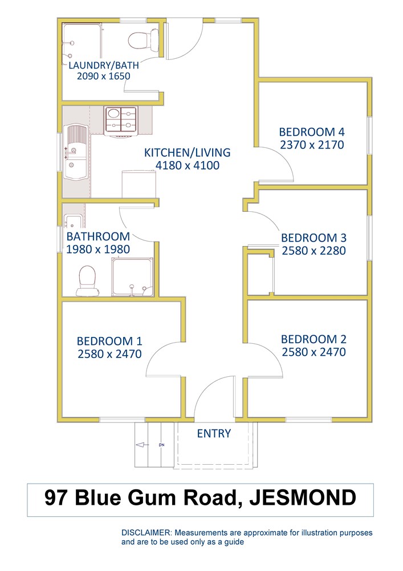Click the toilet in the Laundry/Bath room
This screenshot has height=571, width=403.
[x=143, y=40]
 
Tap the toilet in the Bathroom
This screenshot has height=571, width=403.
[x=87, y=280]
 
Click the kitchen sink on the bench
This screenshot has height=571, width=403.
[x=76, y=152]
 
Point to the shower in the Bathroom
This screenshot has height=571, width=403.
[x=132, y=277]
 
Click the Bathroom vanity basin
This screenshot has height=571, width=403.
[x=73, y=221]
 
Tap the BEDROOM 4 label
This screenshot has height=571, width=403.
[x=312, y=132]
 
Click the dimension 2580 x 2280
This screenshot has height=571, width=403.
[x=314, y=251]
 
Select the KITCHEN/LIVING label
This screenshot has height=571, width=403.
[x=187, y=152]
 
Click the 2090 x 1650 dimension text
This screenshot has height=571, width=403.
[x=104, y=76]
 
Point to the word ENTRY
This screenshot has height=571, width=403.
[x=214, y=433]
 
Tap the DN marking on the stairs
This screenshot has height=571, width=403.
[x=162, y=445]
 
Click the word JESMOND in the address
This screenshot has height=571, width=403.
[x=303, y=497]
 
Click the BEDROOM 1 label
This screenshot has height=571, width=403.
[x=109, y=341]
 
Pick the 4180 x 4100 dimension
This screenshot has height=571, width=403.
[x=188, y=166]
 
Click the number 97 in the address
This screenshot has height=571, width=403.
[x=56, y=497]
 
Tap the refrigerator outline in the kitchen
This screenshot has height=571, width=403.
[x=139, y=184]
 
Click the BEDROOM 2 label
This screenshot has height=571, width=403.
[x=314, y=339]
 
